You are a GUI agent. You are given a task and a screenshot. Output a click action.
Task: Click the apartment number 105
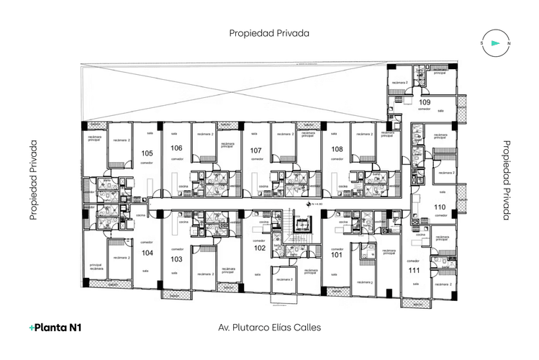(147, 153)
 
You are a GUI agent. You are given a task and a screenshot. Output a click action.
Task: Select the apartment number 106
(176, 148)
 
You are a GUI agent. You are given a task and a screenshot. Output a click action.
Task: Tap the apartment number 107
(255, 150)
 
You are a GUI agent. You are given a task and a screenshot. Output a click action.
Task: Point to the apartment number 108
(336, 150)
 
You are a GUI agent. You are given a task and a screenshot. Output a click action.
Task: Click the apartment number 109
(425, 102)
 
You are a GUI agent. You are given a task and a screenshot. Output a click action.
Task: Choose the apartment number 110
(440, 207)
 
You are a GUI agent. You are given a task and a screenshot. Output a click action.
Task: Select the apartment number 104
(147, 253)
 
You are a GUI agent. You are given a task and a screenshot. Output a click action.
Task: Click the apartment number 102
(260, 248)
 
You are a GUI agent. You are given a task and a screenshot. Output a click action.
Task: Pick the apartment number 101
(336, 253)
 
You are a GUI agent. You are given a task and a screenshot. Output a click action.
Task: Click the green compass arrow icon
(495, 43)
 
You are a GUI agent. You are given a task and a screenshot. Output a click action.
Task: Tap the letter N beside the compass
(509, 44)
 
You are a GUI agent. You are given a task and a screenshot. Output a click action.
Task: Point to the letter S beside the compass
(481, 44)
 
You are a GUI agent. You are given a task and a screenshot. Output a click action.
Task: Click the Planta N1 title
(55, 328)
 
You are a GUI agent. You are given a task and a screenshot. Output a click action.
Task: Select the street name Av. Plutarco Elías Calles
(269, 327)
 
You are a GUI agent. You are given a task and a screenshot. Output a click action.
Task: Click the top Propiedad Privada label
(269, 33)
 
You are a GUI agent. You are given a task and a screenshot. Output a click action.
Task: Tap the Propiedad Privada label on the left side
(33, 180)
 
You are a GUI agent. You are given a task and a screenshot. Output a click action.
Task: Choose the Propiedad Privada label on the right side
(506, 180)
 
